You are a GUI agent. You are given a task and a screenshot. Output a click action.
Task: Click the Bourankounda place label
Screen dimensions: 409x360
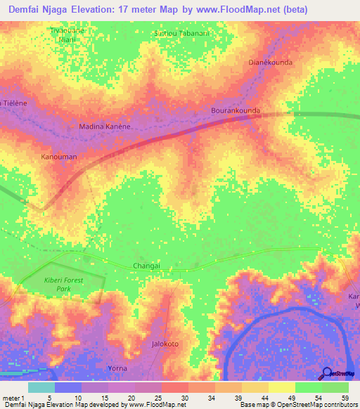(x=236, y=111)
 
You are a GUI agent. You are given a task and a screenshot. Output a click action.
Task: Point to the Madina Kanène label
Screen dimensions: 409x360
(x=105, y=126)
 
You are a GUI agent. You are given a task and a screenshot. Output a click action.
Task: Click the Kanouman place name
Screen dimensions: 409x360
(x=59, y=157)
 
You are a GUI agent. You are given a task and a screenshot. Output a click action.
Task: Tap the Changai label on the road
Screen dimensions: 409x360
(x=147, y=266)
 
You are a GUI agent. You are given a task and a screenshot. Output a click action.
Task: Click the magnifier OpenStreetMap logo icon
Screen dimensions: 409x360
(x=326, y=373)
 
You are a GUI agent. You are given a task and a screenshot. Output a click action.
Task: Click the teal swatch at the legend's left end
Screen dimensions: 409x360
(x=41, y=387)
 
